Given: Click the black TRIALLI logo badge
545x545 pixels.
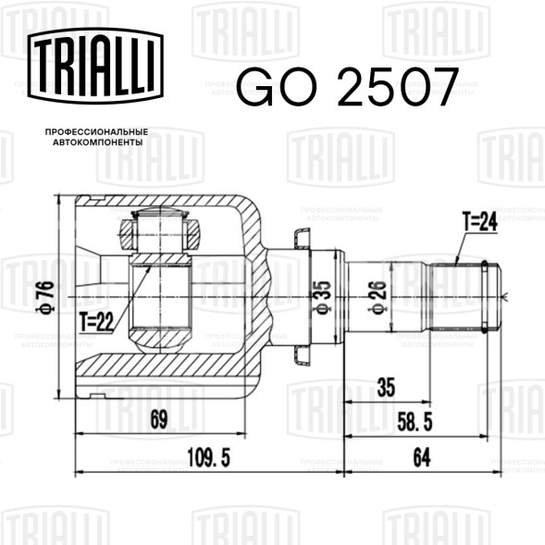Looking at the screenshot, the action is pyautogui.click(x=95, y=66).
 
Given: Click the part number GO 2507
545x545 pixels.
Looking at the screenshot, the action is pyautogui.click(x=348, y=87).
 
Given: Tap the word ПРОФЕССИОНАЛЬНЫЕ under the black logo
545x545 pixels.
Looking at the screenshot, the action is pyautogui.click(x=96, y=132).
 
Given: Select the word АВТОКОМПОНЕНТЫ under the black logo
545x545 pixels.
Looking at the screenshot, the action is pyautogui.click(x=98, y=142).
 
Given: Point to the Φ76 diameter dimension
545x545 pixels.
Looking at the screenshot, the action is pyautogui.click(x=45, y=297).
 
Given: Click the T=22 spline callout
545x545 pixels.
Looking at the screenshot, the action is pyautogui.click(x=96, y=322).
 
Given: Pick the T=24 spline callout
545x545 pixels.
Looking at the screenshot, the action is pyautogui.click(x=480, y=221).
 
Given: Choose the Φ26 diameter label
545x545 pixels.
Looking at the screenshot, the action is pyautogui.click(x=378, y=298).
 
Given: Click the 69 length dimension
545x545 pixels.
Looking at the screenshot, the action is pyautogui.click(x=159, y=419).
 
